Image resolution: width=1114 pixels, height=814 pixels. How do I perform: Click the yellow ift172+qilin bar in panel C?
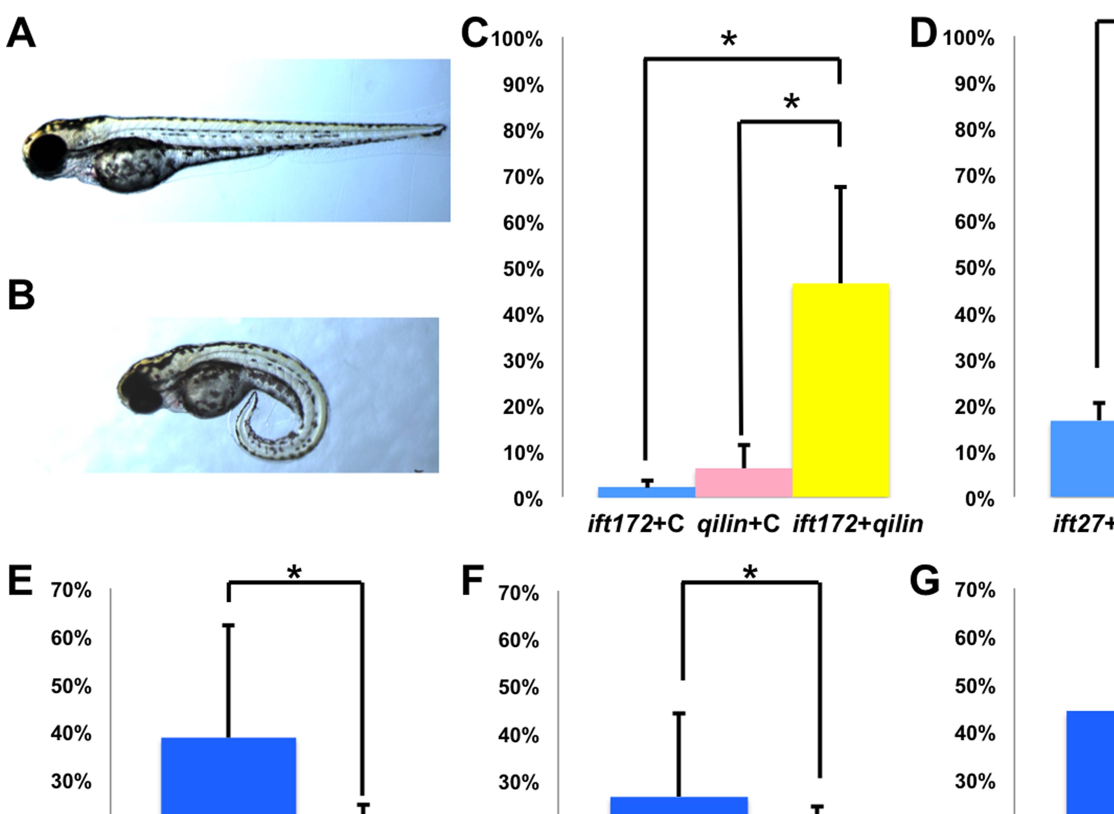840,389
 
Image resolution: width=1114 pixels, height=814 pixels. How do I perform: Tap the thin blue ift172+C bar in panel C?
646,492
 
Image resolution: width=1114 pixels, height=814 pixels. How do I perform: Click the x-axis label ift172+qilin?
857,524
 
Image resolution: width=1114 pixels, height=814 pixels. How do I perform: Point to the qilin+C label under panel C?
738,524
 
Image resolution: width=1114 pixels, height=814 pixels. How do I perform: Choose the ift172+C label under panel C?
636,524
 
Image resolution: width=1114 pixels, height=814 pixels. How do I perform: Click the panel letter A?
21,33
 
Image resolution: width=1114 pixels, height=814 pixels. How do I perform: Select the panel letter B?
21,295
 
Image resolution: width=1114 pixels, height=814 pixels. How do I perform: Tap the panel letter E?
20,582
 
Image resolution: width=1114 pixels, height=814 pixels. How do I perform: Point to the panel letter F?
472,582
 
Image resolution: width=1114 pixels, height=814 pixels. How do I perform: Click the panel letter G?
924,582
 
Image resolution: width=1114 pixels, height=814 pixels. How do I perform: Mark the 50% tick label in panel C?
523,270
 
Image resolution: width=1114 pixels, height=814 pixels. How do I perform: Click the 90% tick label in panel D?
975,84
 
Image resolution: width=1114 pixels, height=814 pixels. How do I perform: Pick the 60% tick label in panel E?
71,638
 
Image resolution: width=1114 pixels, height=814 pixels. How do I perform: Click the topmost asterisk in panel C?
729,40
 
